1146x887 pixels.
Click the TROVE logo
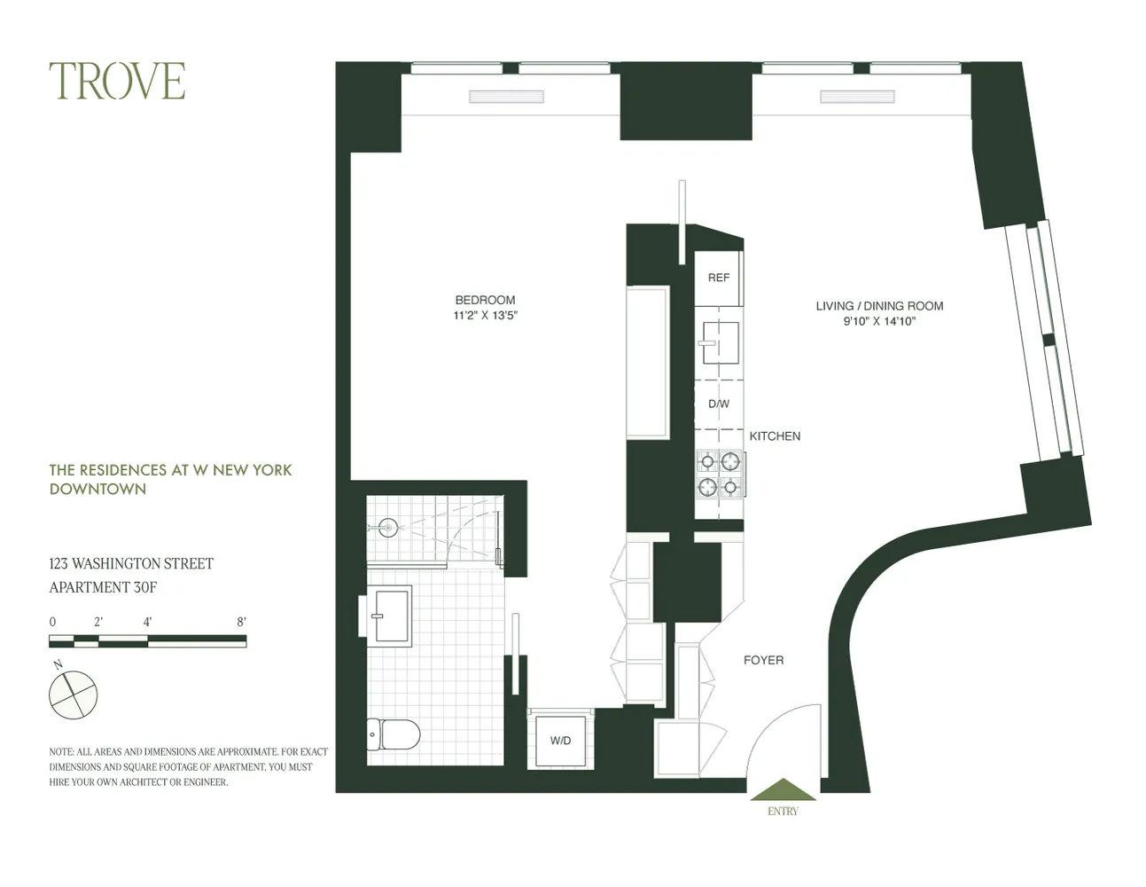pyautogui.click(x=117, y=81)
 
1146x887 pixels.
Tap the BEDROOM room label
pyautogui.click(x=485, y=300)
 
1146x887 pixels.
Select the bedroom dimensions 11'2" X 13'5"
pyautogui.click(x=486, y=315)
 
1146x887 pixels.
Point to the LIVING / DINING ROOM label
pyautogui.click(x=879, y=306)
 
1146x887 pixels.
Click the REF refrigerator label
pyautogui.click(x=719, y=278)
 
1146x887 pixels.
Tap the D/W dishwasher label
pyautogui.click(x=719, y=404)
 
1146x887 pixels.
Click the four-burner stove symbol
pyautogui.click(x=720, y=474)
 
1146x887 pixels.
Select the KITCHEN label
pyautogui.click(x=775, y=436)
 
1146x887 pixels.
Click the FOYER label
pyautogui.click(x=763, y=660)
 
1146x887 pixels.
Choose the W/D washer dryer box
pyautogui.click(x=560, y=741)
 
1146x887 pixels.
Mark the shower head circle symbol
pyautogui.click(x=387, y=528)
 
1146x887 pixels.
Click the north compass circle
pyautogui.click(x=73, y=695)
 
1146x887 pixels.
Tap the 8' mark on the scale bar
pyautogui.click(x=241, y=623)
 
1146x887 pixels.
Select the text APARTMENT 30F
pyautogui.click(x=103, y=587)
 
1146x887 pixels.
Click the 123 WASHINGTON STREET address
pyautogui.click(x=131, y=563)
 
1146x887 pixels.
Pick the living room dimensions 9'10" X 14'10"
pyautogui.click(x=879, y=322)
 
